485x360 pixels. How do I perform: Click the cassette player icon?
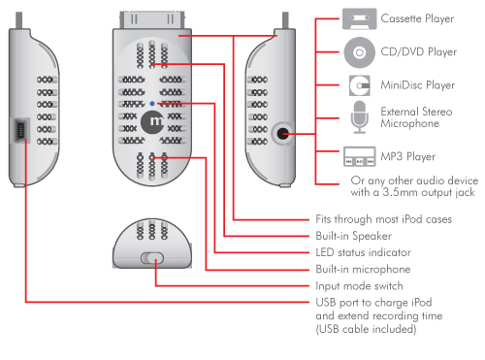(360, 18)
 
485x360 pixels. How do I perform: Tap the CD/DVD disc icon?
(359, 52)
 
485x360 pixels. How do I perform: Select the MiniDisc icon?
(360, 85)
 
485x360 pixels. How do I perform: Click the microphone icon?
(360, 117)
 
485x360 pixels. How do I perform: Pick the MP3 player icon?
(360, 156)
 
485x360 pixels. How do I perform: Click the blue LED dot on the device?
(152, 104)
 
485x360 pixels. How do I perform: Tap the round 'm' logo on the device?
(152, 122)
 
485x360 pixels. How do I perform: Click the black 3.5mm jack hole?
(282, 134)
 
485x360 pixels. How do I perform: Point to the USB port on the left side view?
(21, 130)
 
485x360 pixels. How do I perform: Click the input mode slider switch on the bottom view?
(152, 258)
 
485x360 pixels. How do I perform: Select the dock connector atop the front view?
(152, 19)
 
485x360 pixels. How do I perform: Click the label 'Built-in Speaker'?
(353, 236)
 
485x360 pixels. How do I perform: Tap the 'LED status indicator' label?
(363, 252)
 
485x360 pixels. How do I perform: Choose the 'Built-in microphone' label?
(363, 269)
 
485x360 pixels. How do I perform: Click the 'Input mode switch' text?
(359, 286)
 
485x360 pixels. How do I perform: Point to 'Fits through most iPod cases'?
(383, 219)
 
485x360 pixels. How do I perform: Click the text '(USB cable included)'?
(366, 329)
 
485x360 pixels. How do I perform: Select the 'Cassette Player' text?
(417, 18)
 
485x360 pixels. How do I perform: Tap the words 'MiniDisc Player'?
(417, 85)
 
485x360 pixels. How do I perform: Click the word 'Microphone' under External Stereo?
(409, 123)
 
